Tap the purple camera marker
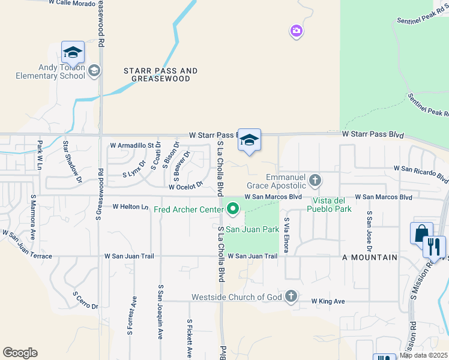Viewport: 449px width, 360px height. tap(295, 31)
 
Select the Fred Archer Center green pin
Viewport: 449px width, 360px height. tap(233, 209)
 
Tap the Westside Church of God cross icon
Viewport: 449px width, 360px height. tap(291, 296)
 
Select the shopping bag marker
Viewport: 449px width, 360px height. tap(421, 233)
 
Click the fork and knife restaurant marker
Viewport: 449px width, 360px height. tap(434, 246)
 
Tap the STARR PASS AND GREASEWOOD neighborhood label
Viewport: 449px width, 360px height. tap(160, 74)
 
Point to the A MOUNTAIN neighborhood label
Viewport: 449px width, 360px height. tap(370, 257)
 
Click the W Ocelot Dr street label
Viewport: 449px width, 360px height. tap(187, 187)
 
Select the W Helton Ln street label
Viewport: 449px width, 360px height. tap(130, 207)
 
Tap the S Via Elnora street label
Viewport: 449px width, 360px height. tap(288, 235)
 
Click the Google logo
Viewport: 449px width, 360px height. tap(20, 353)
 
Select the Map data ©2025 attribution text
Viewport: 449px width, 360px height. tap(424, 356)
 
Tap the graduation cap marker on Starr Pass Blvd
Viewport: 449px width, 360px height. tap(249, 140)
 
